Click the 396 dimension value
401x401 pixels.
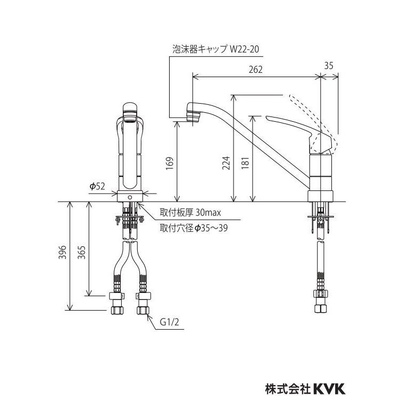(63, 253)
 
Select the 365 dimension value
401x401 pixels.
(81, 253)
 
